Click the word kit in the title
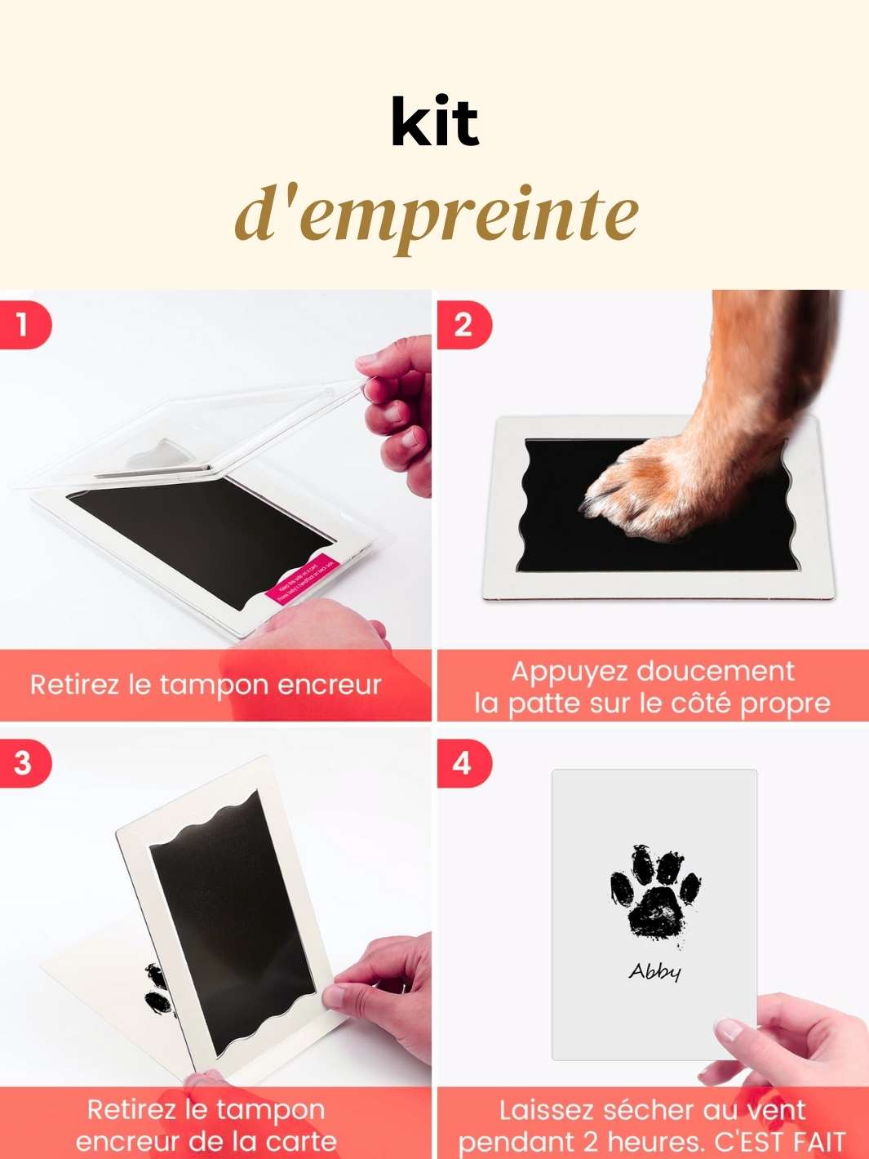coord(435,123)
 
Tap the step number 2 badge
coord(463,326)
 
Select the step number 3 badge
coord(23,763)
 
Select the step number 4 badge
coord(462,764)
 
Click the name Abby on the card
coord(654,971)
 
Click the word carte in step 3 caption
coord(302,1141)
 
